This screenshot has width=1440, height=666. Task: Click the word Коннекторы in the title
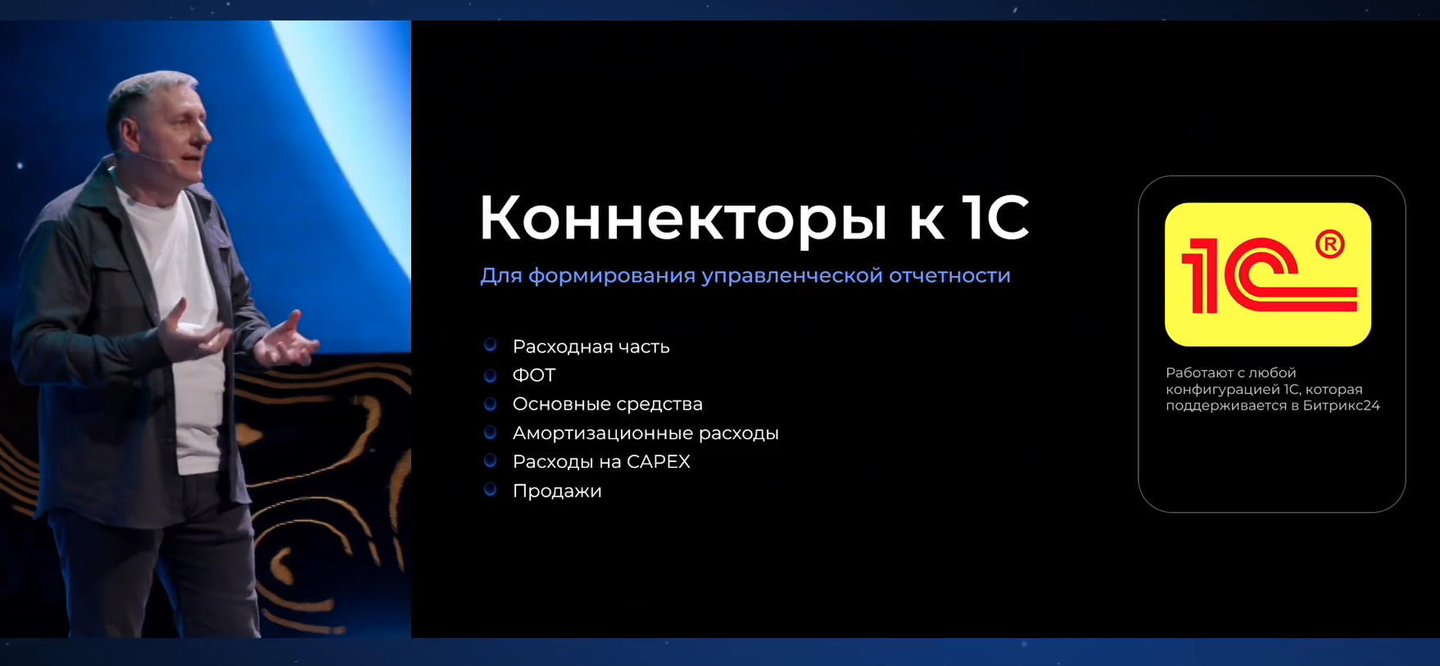682,219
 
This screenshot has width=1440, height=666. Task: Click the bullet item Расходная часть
591,347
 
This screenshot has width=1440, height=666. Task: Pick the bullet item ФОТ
534,375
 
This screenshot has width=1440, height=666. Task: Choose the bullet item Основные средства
607,404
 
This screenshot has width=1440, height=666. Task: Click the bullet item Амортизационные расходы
645,433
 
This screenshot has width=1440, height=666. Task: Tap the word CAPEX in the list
659,462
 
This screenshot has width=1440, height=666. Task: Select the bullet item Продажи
557,491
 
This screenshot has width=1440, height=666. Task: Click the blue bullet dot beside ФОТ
491,375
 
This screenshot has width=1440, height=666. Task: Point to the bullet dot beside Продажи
491,490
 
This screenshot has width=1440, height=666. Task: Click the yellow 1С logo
1267,274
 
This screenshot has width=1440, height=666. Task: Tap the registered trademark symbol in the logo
1329,244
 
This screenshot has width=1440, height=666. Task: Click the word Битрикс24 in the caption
1345,405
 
